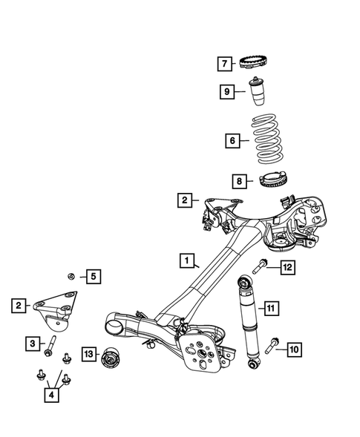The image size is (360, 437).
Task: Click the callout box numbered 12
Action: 287,267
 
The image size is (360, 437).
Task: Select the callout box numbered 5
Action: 93,277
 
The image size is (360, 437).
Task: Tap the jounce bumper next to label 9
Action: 260,94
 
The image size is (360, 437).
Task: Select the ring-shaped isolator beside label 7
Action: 261,62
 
